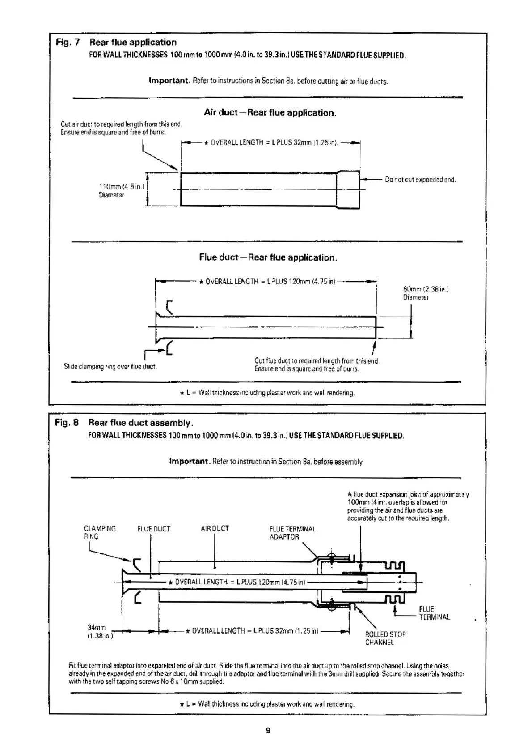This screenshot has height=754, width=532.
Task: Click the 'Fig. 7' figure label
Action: click(x=68, y=43)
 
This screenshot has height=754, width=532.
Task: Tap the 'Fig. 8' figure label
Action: click(x=67, y=423)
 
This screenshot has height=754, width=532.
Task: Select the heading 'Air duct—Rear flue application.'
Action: click(x=270, y=113)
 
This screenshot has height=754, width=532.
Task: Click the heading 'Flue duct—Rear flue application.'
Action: click(x=268, y=257)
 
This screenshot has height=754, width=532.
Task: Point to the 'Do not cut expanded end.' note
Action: click(x=420, y=180)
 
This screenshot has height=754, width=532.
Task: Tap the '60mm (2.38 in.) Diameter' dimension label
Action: click(x=425, y=293)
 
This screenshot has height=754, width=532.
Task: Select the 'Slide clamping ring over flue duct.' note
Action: click(x=110, y=367)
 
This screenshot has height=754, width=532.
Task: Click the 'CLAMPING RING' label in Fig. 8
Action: click(x=100, y=532)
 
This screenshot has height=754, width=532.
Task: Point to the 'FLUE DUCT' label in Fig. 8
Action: click(x=154, y=529)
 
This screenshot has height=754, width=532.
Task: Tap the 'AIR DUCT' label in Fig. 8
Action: click(x=215, y=529)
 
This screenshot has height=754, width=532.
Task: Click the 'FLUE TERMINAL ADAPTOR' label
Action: click(x=292, y=533)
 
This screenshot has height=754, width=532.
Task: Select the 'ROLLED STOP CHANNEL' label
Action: click(x=385, y=638)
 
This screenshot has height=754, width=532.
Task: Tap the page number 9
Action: click(x=268, y=730)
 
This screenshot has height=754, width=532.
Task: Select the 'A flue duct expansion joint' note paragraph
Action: click(x=408, y=506)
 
